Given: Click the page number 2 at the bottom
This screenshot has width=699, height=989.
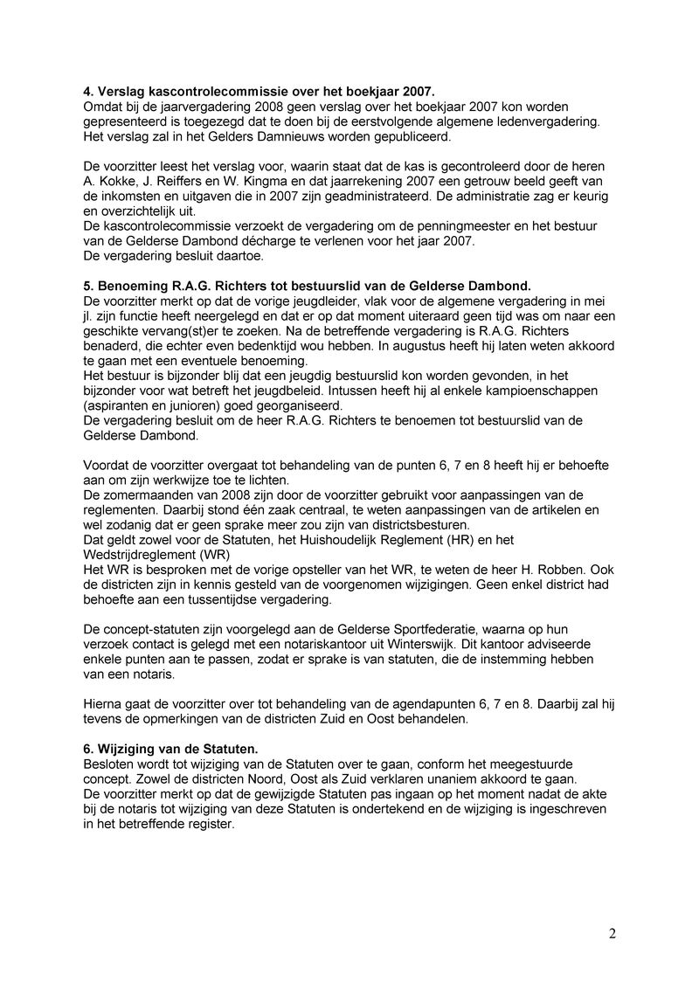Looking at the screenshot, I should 612,934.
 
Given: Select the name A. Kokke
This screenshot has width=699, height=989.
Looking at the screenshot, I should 110,181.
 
